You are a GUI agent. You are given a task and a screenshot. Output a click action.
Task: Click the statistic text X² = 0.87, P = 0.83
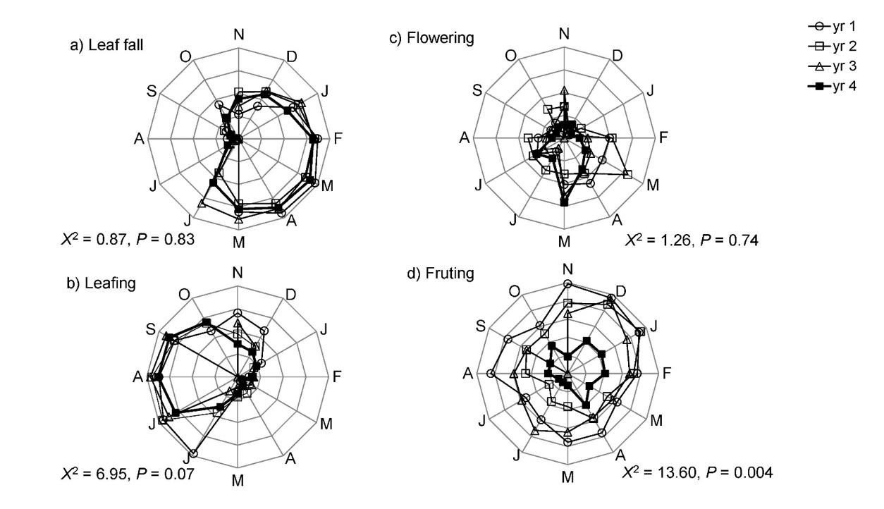tap(128, 240)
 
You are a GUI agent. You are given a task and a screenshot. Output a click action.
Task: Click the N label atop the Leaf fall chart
tap(239, 34)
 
